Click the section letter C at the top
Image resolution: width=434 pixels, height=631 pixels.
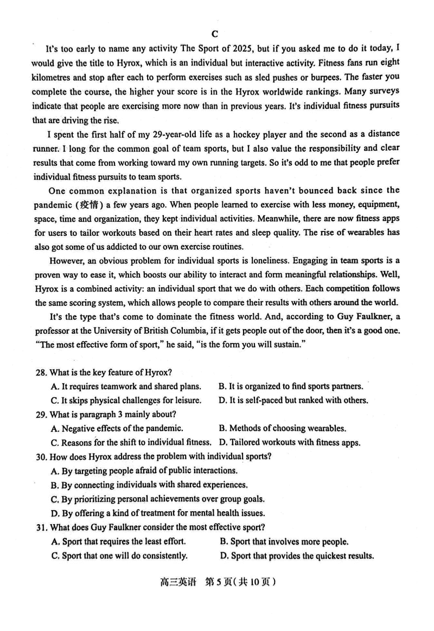click(215, 34)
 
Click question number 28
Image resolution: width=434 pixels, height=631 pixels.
click(41, 372)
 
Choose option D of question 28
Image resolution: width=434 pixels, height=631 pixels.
click(293, 400)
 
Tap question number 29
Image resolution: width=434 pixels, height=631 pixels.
click(41, 414)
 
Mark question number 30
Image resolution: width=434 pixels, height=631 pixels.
click(41, 456)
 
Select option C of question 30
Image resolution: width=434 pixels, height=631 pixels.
click(157, 499)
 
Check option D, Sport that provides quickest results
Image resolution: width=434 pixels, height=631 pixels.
click(297, 555)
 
